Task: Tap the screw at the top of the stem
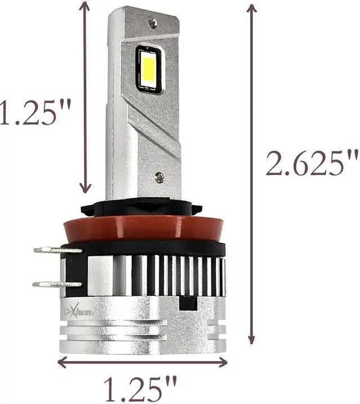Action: (152, 23)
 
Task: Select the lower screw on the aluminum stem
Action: (159, 177)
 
